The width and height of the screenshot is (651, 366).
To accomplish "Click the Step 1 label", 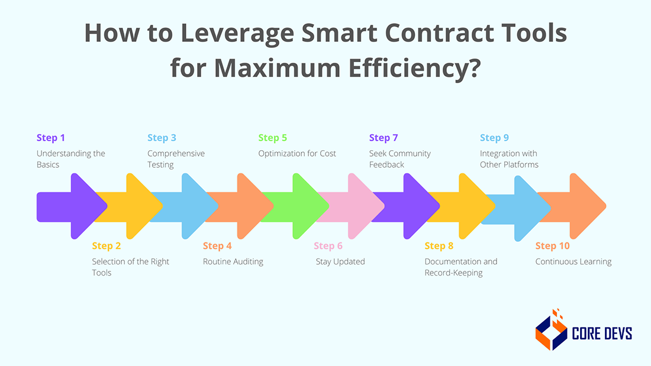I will [51, 138].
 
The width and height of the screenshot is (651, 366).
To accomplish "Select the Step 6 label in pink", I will [328, 246].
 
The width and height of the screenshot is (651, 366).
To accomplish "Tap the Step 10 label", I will [552, 246].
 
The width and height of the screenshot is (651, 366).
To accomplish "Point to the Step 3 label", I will [162, 138].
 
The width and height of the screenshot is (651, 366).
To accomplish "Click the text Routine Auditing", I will [233, 261].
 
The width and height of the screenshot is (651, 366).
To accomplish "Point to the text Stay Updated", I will [340, 261].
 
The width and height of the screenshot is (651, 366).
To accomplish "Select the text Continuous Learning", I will [573, 261].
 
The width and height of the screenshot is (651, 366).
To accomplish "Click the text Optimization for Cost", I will [297, 154].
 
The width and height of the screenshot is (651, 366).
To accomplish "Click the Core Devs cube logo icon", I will [551, 331].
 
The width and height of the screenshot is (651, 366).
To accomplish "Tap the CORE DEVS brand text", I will [602, 333].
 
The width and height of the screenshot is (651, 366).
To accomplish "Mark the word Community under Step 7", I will [410, 154].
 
